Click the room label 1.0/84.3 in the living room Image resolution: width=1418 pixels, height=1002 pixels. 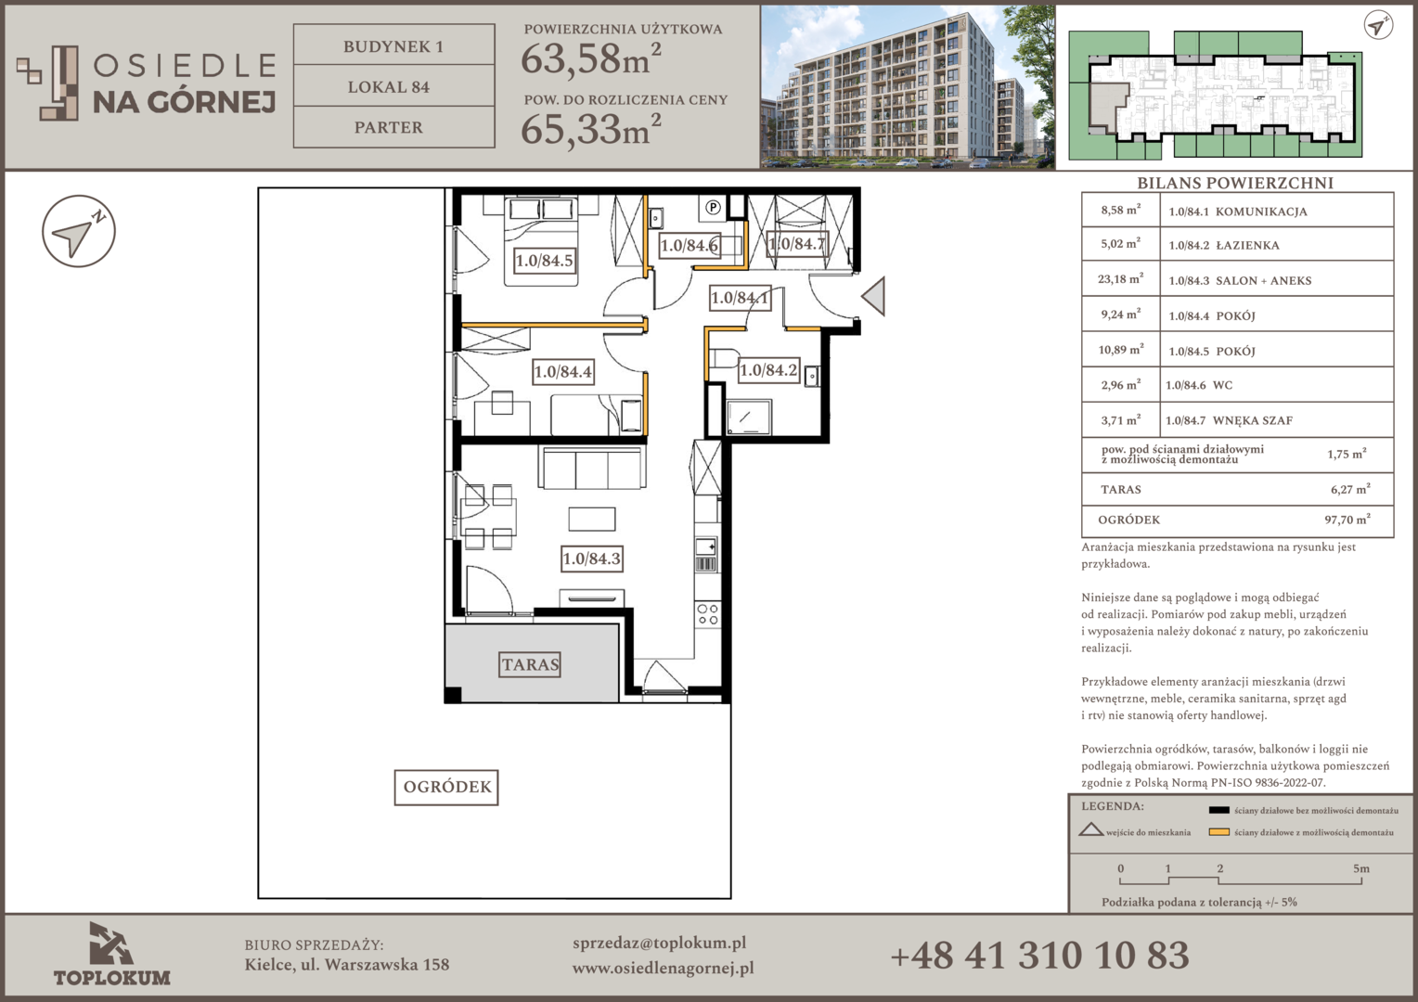(592, 559)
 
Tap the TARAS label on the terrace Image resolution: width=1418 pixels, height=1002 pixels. (530, 664)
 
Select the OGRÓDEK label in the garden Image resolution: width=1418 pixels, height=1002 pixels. (446, 787)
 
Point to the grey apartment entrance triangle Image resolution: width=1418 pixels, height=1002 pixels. (874, 296)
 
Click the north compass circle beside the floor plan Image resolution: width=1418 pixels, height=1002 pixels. (79, 231)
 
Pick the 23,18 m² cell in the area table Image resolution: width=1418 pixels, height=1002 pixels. (1120, 279)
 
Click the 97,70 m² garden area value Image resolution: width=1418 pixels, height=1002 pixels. (1347, 520)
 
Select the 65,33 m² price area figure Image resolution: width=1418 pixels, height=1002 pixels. (590, 128)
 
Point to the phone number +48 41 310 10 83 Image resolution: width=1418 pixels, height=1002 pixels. (1039, 956)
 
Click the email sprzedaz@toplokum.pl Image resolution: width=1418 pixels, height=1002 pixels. (659, 944)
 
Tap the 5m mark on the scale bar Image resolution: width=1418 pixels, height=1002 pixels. (1361, 869)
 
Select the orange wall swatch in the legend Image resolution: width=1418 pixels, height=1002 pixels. (1218, 832)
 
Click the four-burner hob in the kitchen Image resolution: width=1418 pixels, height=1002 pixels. (707, 614)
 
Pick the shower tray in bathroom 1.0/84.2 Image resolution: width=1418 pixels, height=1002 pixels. (749, 417)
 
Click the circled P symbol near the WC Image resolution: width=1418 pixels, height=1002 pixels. (714, 207)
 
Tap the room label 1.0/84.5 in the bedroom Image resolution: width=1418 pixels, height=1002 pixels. (545, 260)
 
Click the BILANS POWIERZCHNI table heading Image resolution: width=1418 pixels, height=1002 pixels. (1235, 183)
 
